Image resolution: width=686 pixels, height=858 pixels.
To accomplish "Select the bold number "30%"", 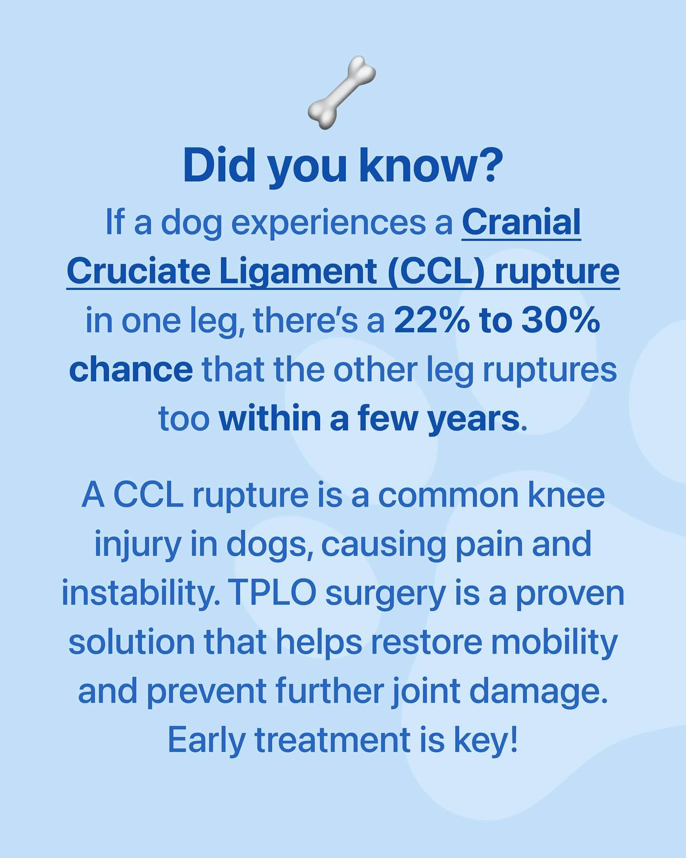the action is pyautogui.click(x=561, y=321).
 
